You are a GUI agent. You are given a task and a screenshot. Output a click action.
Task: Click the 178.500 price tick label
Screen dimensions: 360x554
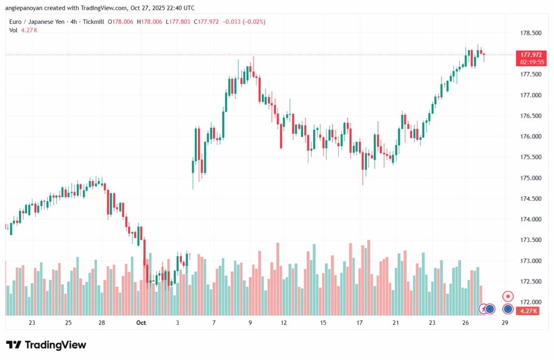[x=531, y=33]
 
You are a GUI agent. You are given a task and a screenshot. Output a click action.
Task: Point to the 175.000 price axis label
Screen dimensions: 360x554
[x=531, y=178]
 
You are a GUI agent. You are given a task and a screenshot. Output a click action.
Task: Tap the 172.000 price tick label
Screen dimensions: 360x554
[x=531, y=302]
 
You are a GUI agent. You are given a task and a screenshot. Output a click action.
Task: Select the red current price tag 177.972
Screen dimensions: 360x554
[x=531, y=55]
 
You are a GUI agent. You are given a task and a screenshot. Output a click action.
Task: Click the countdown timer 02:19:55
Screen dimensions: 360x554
[x=531, y=62]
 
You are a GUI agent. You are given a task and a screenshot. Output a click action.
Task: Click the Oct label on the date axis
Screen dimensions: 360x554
[x=141, y=323]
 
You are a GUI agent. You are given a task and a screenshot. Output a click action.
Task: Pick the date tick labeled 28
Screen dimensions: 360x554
[x=101, y=323]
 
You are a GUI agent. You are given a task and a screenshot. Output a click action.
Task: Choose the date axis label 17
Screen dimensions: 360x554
[x=359, y=323]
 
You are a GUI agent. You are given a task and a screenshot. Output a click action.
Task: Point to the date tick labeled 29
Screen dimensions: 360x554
[x=505, y=323]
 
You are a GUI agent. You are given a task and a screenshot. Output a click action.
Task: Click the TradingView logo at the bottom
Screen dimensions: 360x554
[x=46, y=345]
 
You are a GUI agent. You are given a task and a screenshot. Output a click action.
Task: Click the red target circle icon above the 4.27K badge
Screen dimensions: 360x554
[x=508, y=296]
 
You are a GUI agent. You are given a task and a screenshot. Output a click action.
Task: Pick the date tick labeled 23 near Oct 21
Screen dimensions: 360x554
[x=432, y=323]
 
